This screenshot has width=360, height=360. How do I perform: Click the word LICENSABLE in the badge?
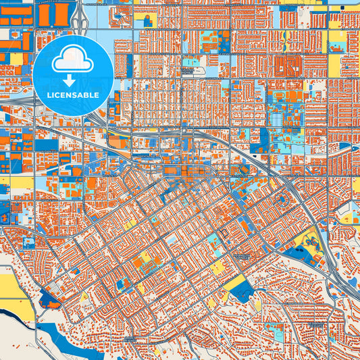click(x=72, y=94)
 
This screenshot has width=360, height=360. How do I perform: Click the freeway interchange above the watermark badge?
click(x=80, y=20)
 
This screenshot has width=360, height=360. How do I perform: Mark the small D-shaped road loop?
click(x=224, y=234)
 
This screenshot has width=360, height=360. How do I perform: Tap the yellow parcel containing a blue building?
click(x=145, y=20)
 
